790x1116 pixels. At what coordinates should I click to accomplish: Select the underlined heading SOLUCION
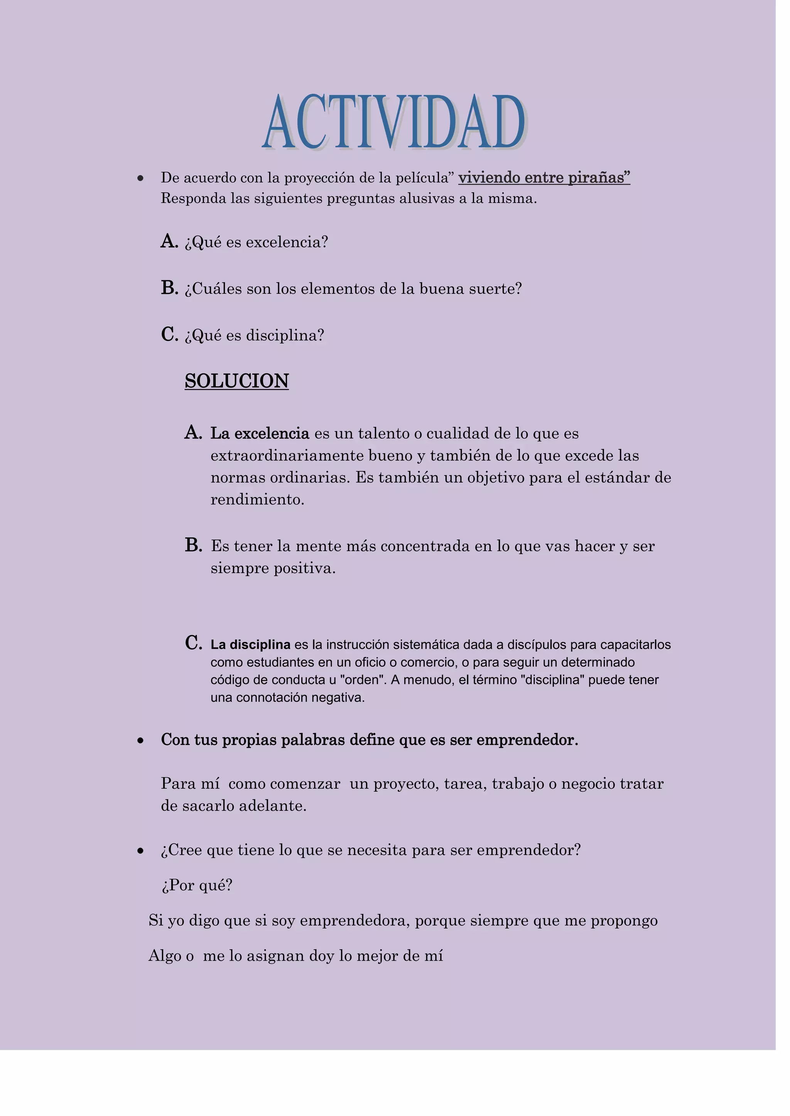(236, 381)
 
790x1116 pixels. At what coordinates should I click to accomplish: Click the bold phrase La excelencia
(259, 433)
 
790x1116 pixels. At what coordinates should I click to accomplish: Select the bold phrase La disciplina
(250, 645)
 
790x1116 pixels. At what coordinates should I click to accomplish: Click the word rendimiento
(257, 500)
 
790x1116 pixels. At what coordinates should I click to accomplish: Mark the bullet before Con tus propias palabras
(140, 741)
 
